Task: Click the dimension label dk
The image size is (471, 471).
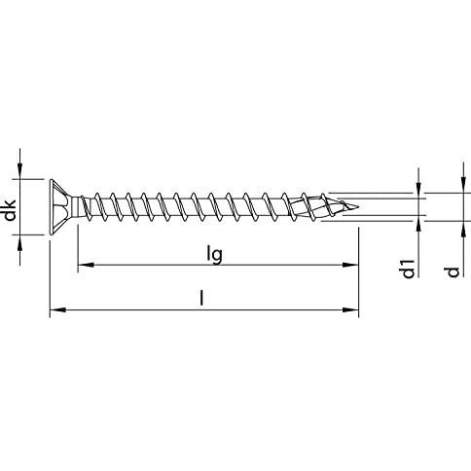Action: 11,210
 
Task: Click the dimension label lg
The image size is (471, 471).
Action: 214,254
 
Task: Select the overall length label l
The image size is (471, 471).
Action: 201,299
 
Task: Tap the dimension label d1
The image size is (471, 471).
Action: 409,269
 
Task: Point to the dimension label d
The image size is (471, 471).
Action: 453,272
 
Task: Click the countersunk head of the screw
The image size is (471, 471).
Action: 61,207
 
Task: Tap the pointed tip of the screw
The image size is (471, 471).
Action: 357,206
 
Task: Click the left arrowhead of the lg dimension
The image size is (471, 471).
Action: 86,265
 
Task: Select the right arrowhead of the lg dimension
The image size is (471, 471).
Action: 350,265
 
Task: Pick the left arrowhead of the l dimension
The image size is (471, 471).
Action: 57,310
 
